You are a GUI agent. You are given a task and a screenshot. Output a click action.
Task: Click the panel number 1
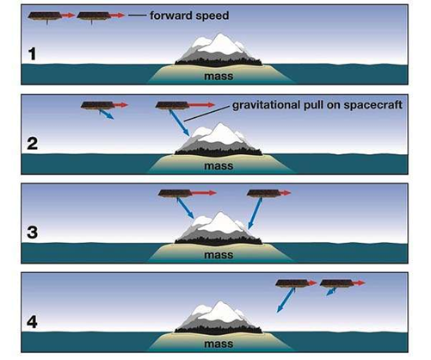(33, 54)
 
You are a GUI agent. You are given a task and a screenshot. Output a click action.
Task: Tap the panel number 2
(33, 143)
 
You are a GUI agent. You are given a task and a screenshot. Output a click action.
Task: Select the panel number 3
(33, 233)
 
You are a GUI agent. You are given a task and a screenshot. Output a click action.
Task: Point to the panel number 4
(32, 321)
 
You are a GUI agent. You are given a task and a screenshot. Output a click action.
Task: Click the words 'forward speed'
(189, 16)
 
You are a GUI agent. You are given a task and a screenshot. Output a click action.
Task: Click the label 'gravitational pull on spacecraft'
(317, 105)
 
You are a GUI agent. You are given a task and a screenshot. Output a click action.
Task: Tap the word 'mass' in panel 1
(219, 77)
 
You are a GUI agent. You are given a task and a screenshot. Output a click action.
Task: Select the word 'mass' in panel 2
(219, 166)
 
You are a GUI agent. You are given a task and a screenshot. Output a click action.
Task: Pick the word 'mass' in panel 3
(219, 255)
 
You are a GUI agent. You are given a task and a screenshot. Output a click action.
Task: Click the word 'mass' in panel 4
(219, 344)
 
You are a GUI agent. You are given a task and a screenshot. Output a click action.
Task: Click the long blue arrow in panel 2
(180, 123)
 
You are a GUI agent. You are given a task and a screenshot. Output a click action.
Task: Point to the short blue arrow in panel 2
(106, 115)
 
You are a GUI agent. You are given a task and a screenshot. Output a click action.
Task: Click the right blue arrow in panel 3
(255, 213)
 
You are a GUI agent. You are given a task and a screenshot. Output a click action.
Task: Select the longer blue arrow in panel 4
(286, 300)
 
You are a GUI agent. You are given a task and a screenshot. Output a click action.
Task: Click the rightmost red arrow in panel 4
(359, 283)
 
